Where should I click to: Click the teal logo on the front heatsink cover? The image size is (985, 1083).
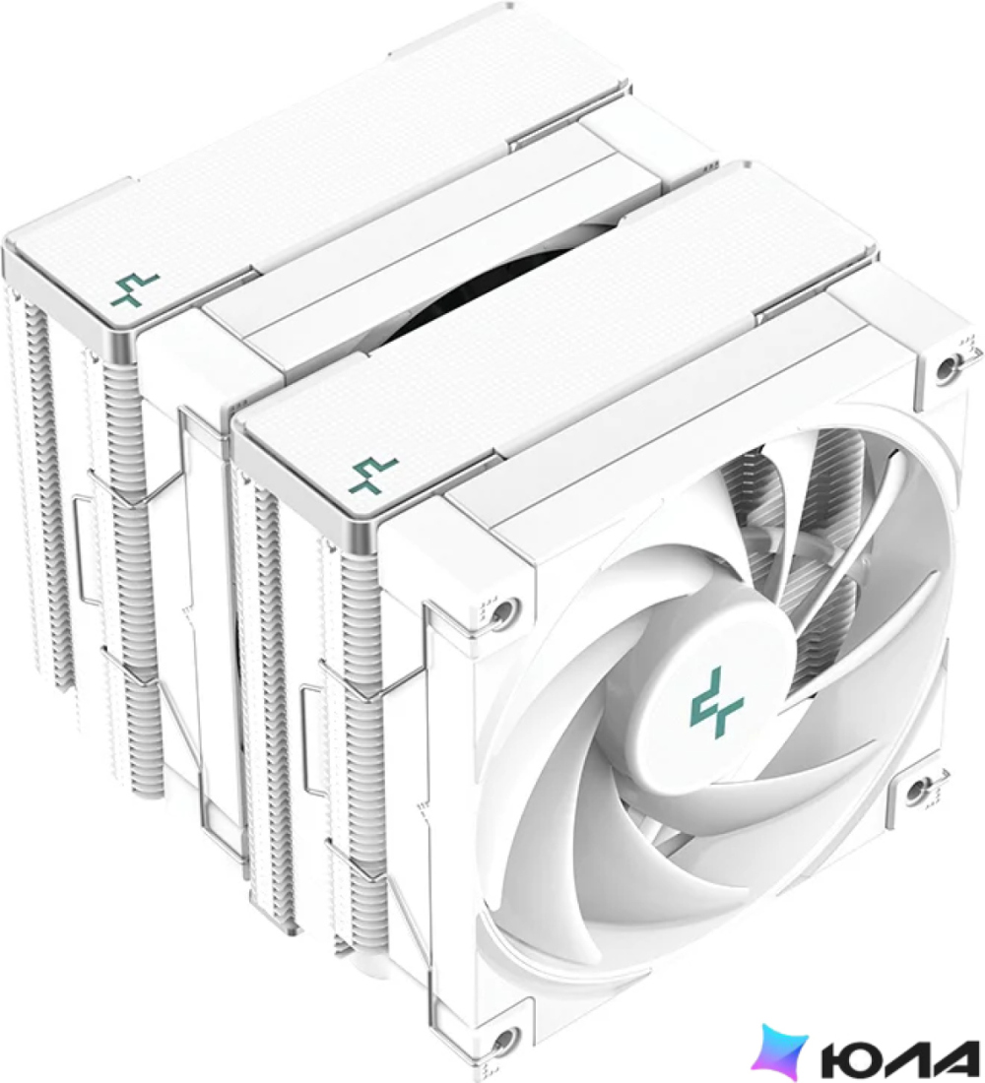pos(374,475)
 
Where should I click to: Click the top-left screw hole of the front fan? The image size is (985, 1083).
pos(502,610)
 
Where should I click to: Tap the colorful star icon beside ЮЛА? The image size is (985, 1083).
pos(781,1051)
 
